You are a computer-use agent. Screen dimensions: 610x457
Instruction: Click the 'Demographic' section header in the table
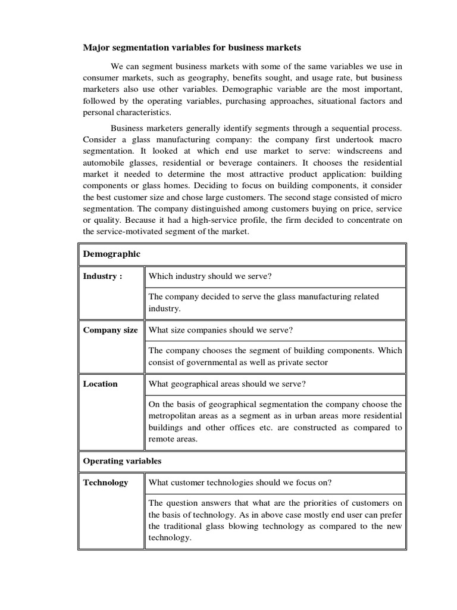(112, 254)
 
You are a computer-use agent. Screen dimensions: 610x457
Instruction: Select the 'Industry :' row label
(103, 276)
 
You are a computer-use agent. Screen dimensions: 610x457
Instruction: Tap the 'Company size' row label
(110, 330)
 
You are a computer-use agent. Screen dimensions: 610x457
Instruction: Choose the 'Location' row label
(100, 384)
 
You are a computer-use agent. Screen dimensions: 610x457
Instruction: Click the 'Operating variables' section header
(122, 461)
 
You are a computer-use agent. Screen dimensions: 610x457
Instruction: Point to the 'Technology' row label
(105, 483)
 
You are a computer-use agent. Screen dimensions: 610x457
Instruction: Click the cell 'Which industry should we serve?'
(210, 276)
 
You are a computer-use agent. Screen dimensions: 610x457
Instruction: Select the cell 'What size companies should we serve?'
(220, 330)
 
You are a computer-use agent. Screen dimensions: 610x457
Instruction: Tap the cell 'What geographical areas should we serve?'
(227, 384)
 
